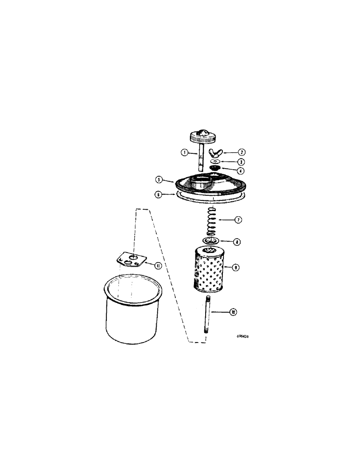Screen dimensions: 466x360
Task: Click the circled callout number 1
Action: click(185, 152)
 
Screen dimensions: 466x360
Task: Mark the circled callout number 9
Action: click(236, 267)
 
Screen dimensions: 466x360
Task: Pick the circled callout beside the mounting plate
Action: click(158, 266)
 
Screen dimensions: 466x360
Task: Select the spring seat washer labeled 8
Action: click(211, 241)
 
